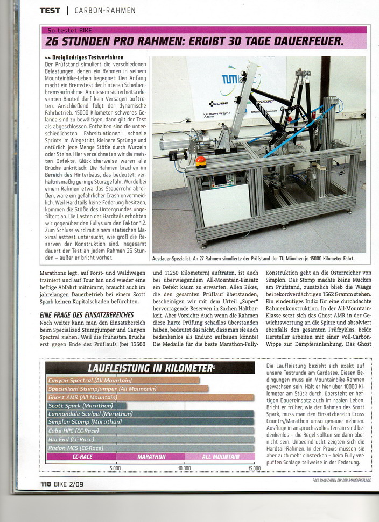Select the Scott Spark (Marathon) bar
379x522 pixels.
(x=86, y=406)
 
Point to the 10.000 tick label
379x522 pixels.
(x=185, y=468)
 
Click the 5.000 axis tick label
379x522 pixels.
(x=115, y=468)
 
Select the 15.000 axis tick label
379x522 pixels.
(x=254, y=468)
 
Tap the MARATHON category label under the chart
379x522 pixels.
(x=151, y=457)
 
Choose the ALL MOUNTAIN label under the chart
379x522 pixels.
(x=220, y=457)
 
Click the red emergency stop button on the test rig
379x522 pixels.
(x=201, y=161)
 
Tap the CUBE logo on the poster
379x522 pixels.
(x=219, y=104)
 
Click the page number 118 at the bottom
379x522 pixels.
(x=46, y=484)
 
